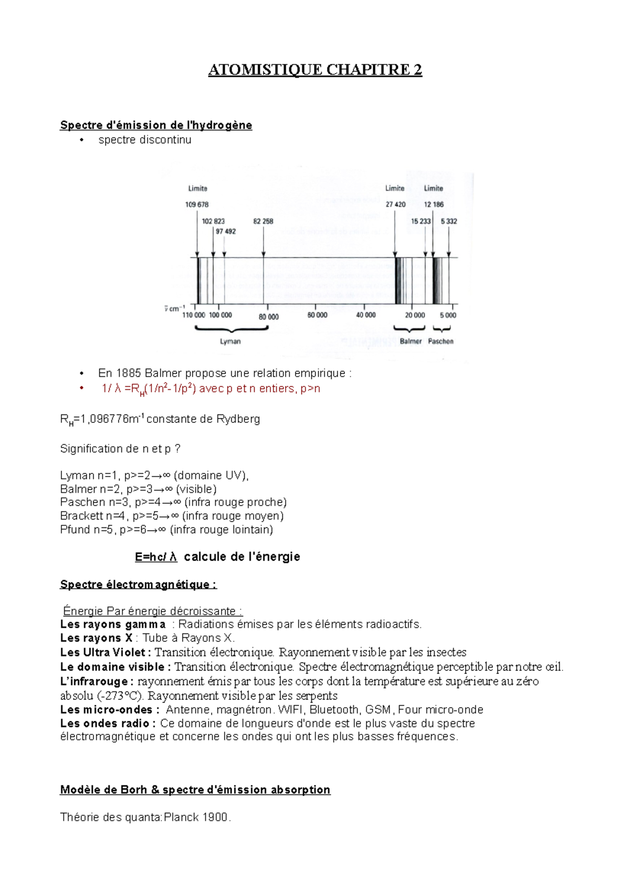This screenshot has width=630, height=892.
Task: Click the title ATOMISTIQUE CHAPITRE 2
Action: tap(315, 70)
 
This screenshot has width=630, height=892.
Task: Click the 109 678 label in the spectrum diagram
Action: tap(197, 204)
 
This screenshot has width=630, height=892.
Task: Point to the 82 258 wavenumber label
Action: tap(263, 221)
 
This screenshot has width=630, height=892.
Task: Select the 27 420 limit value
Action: tap(395, 204)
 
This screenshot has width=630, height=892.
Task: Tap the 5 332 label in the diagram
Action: tap(449, 221)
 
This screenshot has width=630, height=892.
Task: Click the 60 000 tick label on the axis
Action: tap(317, 315)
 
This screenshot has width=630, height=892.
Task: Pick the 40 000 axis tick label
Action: tap(366, 315)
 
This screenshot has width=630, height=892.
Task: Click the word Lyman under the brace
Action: tap(230, 341)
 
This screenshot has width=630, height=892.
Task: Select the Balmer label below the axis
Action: tap(411, 341)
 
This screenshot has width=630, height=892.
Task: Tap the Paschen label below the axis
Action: tap(440, 341)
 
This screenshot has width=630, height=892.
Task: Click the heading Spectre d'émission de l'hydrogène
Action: tap(156, 125)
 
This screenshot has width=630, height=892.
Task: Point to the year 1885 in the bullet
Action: tap(129, 374)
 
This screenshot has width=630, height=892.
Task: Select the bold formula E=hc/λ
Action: tap(156, 557)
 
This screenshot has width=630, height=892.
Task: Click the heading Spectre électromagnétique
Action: tap(138, 585)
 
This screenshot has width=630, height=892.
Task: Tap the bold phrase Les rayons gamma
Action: tap(113, 625)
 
